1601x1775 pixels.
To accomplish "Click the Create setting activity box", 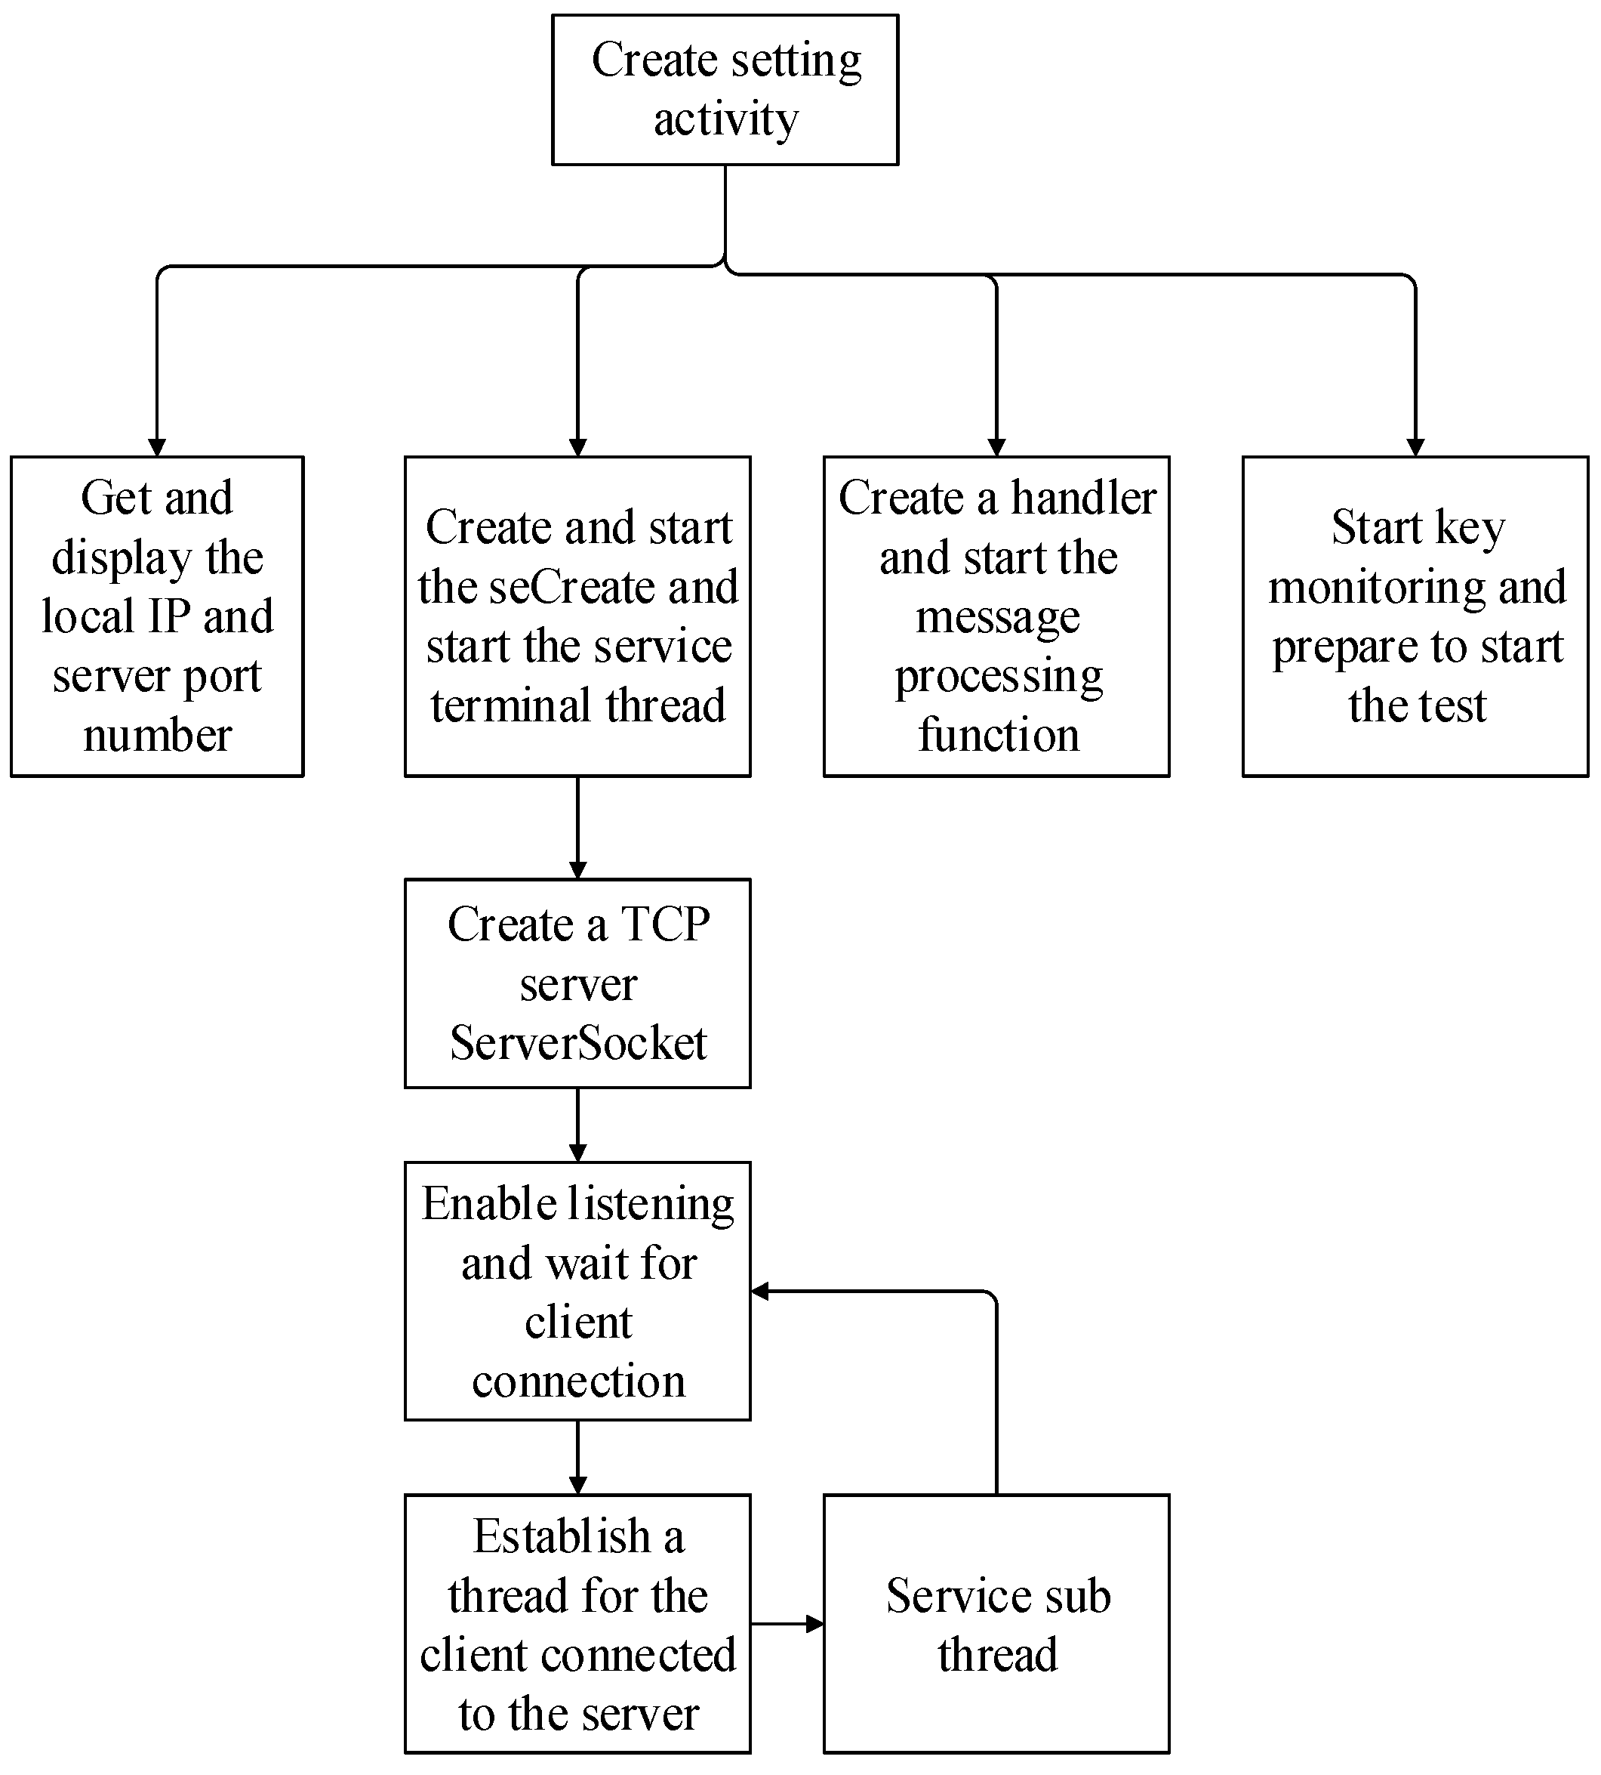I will point(725,90).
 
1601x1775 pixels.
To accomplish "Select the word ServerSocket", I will point(578,1044).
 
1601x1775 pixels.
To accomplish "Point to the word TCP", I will point(665,925).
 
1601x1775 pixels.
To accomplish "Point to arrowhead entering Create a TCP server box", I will point(578,870).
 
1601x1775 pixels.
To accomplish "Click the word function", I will point(999,735).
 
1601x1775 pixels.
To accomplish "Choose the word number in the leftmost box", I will point(158,735).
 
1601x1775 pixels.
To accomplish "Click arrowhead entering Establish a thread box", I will point(578,1486).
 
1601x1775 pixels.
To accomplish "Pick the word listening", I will point(650,1205).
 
